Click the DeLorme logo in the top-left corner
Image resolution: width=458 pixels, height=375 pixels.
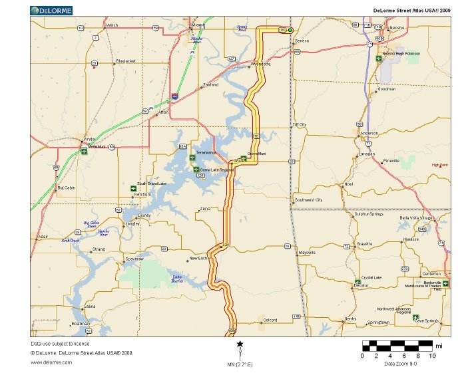[x=53, y=10]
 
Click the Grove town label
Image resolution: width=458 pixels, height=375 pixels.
[x=240, y=161]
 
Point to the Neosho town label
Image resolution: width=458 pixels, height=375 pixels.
[x=397, y=28]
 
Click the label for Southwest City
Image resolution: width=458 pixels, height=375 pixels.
[x=309, y=199]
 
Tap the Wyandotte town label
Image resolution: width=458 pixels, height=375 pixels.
[x=260, y=64]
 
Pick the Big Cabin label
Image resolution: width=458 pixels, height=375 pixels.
[x=67, y=188]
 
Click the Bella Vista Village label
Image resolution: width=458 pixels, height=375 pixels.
[x=416, y=217]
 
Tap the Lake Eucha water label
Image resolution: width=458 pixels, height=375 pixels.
[x=177, y=279]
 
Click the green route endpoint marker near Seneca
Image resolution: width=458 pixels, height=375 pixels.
[x=290, y=30]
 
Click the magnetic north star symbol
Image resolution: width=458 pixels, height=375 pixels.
[x=240, y=344]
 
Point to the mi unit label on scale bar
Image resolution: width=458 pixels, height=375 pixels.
[x=438, y=346]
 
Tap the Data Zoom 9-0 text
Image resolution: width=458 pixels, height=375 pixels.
[x=401, y=364]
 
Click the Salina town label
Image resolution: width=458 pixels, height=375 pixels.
[x=90, y=307]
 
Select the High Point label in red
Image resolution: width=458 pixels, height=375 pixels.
[x=439, y=165]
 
